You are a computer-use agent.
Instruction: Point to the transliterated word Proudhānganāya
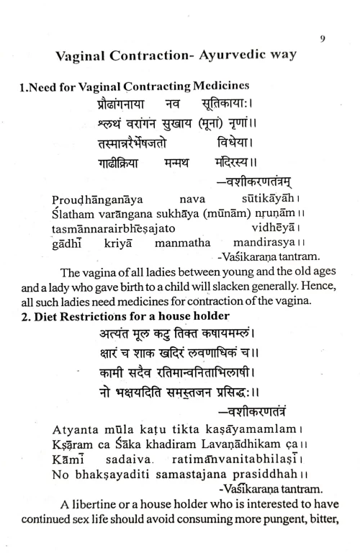point(94,197)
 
